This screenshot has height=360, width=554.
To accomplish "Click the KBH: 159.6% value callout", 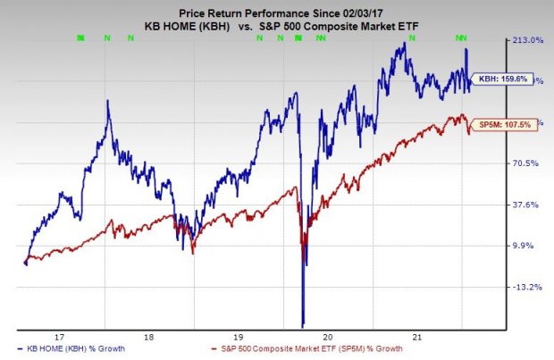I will pos(502,79).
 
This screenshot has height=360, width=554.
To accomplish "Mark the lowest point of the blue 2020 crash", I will pos(304,325).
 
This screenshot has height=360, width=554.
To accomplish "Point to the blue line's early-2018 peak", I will pos(108,101).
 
